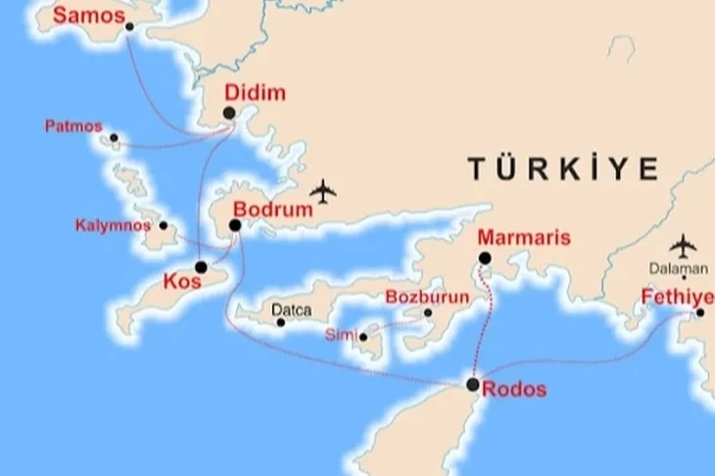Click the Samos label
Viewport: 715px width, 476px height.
[x=89, y=16]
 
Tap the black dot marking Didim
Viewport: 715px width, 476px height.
[x=229, y=114]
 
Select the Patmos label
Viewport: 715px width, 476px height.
[x=72, y=126]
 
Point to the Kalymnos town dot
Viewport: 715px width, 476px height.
[x=164, y=226]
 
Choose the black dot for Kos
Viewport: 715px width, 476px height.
[x=201, y=267]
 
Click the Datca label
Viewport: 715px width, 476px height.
[x=292, y=310]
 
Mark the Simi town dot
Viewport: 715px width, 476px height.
[x=363, y=338]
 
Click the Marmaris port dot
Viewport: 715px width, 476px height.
[x=484, y=259]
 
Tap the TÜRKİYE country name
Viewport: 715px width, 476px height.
[x=562, y=168]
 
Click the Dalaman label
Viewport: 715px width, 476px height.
[x=677, y=268]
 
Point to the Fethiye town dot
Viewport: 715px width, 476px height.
[x=700, y=312]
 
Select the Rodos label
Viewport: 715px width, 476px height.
[x=515, y=390]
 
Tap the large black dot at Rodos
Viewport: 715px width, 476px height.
[x=473, y=385]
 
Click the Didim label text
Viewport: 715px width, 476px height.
[x=256, y=94]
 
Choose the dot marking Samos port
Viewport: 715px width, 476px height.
[x=129, y=26]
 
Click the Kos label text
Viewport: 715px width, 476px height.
[x=183, y=281]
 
